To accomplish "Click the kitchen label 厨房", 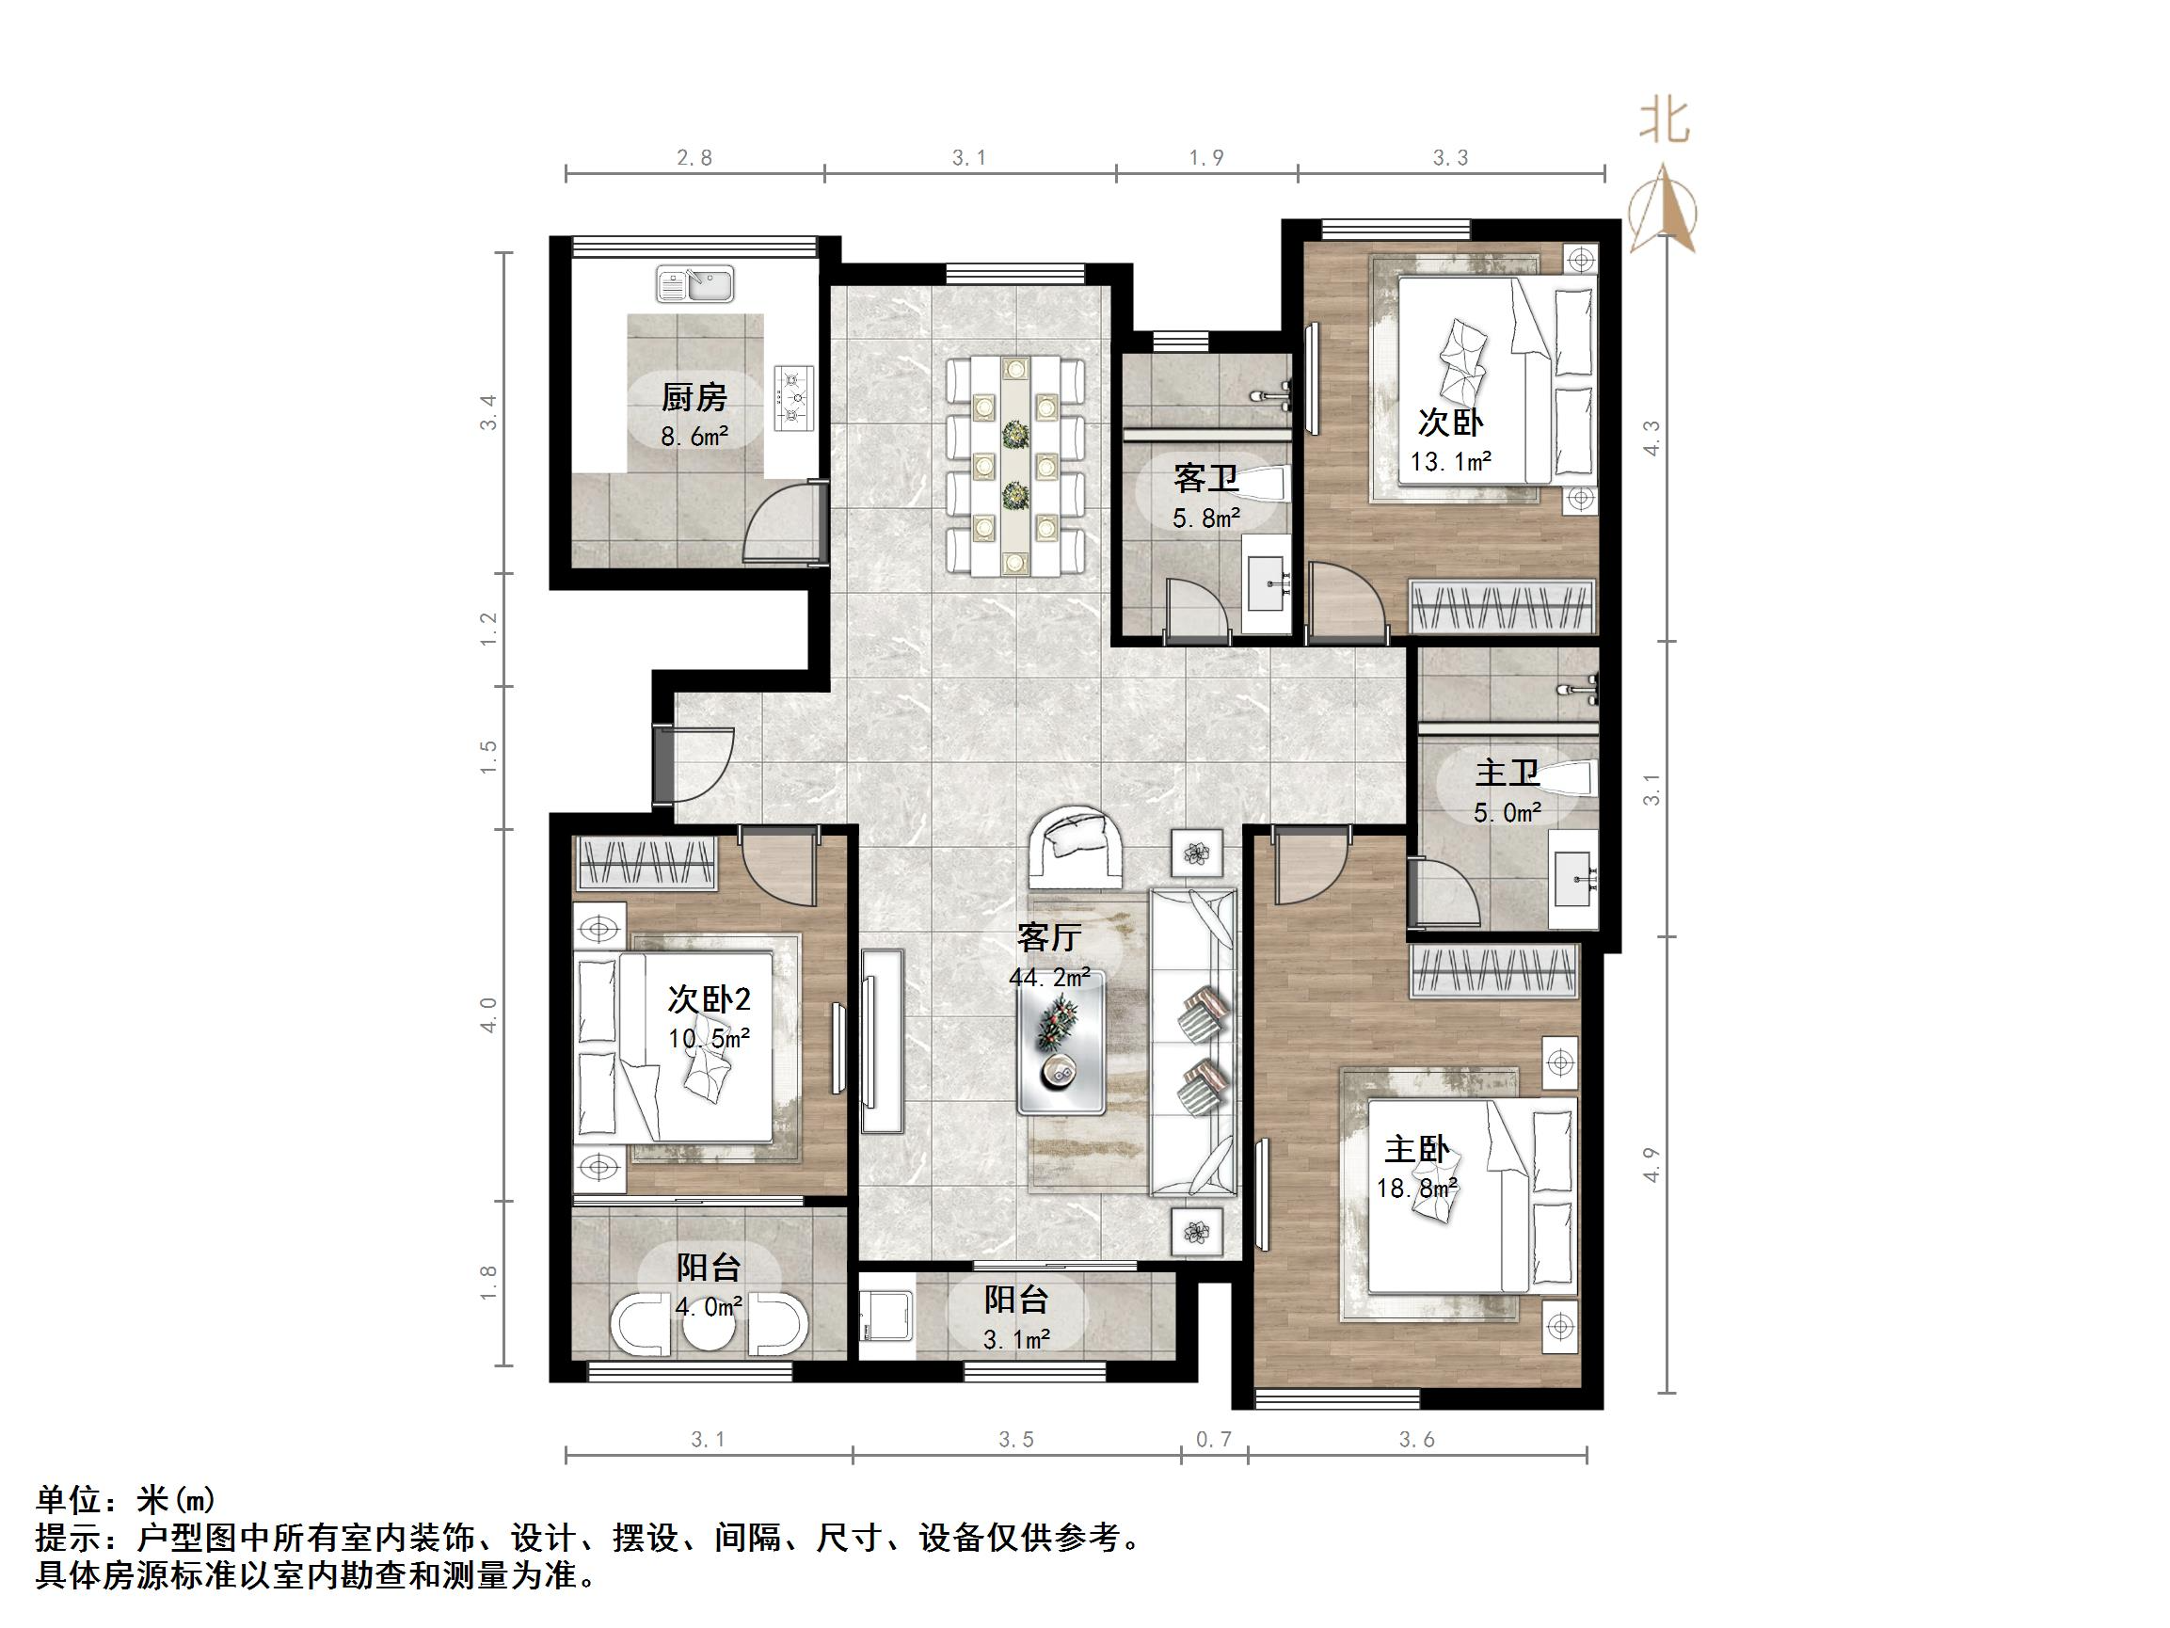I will pyautogui.click(x=694, y=397).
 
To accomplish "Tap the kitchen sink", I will pyautogui.click(x=694, y=284).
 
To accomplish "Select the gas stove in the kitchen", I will pyautogui.click(x=793, y=397).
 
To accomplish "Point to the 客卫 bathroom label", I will pyautogui.click(x=1205, y=479).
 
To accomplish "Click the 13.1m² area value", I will pyautogui.click(x=1451, y=461).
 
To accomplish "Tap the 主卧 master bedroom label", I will pyautogui.click(x=1416, y=1149).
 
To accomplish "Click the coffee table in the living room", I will pyautogui.click(x=1061, y=1048).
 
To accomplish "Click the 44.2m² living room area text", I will pyautogui.click(x=1048, y=978).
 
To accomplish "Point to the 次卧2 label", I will pyautogui.click(x=709, y=999).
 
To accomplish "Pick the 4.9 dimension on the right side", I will pyautogui.click(x=1651, y=1165).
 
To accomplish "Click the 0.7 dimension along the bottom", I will pyautogui.click(x=1214, y=1440).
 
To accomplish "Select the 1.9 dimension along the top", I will pyautogui.click(x=1205, y=158).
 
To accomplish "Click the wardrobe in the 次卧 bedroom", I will pyautogui.click(x=1501, y=606).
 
